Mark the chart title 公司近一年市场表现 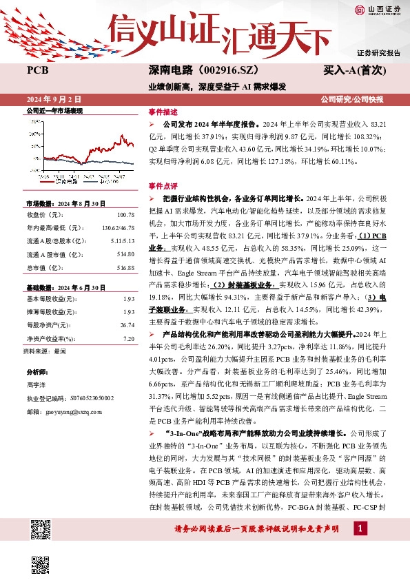pos(54,110)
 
